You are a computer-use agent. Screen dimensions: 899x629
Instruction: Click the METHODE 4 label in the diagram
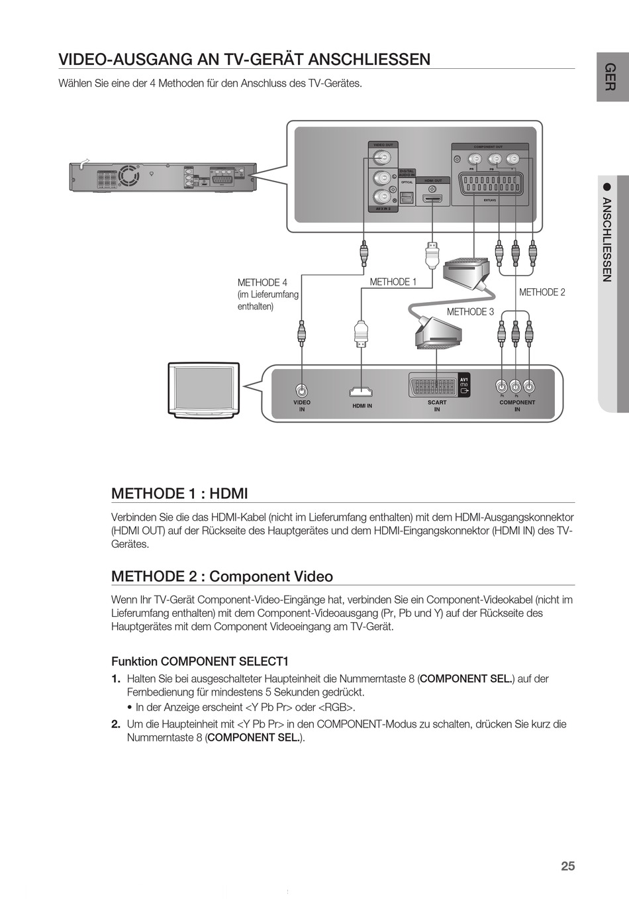(x=262, y=283)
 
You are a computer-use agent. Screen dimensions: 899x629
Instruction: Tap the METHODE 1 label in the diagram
(x=393, y=282)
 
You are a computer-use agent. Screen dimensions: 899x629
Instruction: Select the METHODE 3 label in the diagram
(x=470, y=312)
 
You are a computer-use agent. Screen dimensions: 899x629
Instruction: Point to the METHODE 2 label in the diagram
(x=542, y=292)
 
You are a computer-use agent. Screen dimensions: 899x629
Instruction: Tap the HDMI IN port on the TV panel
(x=362, y=392)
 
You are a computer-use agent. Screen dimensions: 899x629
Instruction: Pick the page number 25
(x=567, y=866)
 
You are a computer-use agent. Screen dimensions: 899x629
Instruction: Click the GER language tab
(x=612, y=77)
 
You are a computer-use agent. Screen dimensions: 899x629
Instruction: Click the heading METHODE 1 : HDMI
(x=179, y=494)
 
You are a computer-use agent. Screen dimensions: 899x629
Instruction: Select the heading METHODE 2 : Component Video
(x=222, y=576)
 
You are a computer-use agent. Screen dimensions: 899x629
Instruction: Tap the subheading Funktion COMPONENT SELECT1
(x=200, y=661)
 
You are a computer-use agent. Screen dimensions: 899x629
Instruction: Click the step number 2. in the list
(x=116, y=724)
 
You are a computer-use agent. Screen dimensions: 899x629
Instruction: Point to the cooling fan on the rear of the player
(x=129, y=176)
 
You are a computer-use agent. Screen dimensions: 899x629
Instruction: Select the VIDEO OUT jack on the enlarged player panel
(x=381, y=158)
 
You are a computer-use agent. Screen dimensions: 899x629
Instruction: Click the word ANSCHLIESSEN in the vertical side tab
(x=606, y=239)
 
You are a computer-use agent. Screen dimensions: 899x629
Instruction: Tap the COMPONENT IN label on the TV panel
(x=517, y=405)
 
